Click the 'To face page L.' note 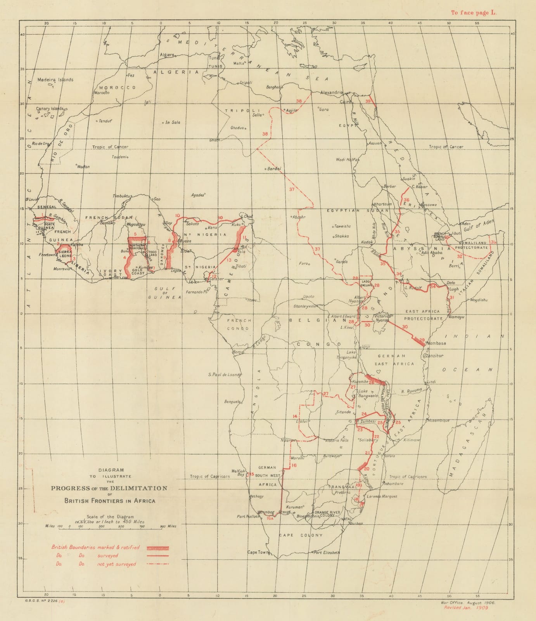pos(473,12)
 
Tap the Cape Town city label pos(258,552)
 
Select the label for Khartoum pos(383,204)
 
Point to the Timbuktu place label pos(123,196)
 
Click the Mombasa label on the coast pos(436,343)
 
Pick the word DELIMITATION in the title pos(139,488)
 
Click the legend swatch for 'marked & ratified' pos(158,548)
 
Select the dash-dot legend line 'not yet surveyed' pos(158,564)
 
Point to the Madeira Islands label pos(55,80)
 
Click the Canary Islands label pos(50,109)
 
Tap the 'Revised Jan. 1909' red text pos(466,608)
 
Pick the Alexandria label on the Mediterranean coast pos(332,93)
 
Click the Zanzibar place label pos(434,356)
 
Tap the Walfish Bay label pos(239,472)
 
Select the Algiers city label pos(167,55)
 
